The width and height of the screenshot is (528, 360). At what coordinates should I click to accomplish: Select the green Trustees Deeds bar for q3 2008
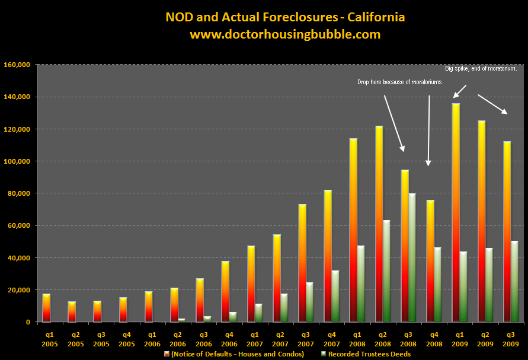(412, 257)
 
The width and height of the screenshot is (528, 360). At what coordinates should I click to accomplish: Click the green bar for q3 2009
(514, 281)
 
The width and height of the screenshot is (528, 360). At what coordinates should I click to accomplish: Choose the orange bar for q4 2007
(327, 256)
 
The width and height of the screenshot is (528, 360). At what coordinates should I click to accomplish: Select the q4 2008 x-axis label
(430, 338)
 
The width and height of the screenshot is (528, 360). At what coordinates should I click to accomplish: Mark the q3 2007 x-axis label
(302, 338)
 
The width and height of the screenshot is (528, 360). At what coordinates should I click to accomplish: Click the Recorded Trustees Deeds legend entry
(367, 354)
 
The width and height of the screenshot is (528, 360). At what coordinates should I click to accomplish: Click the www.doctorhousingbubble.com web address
(284, 34)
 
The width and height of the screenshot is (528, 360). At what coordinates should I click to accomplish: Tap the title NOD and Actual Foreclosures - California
(284, 17)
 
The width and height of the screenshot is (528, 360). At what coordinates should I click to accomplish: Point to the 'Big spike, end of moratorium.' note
(481, 69)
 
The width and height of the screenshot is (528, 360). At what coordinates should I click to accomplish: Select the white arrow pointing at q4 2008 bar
(428, 130)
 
